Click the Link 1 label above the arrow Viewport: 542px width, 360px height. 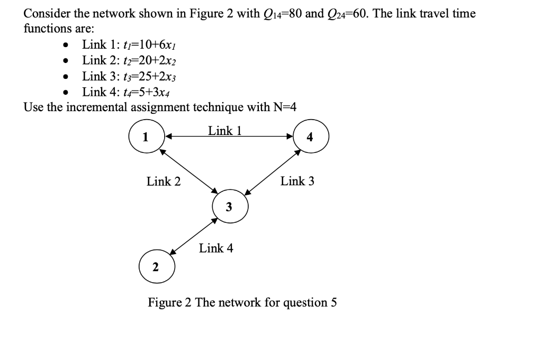[225, 130]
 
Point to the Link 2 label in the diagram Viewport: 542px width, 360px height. [164, 182]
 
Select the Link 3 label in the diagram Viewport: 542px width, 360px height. [297, 181]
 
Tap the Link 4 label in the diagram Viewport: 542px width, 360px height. [216, 248]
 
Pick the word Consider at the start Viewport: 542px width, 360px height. [46, 14]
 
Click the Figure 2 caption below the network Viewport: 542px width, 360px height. [242, 303]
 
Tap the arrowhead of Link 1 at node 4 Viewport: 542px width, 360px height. [291, 136]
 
